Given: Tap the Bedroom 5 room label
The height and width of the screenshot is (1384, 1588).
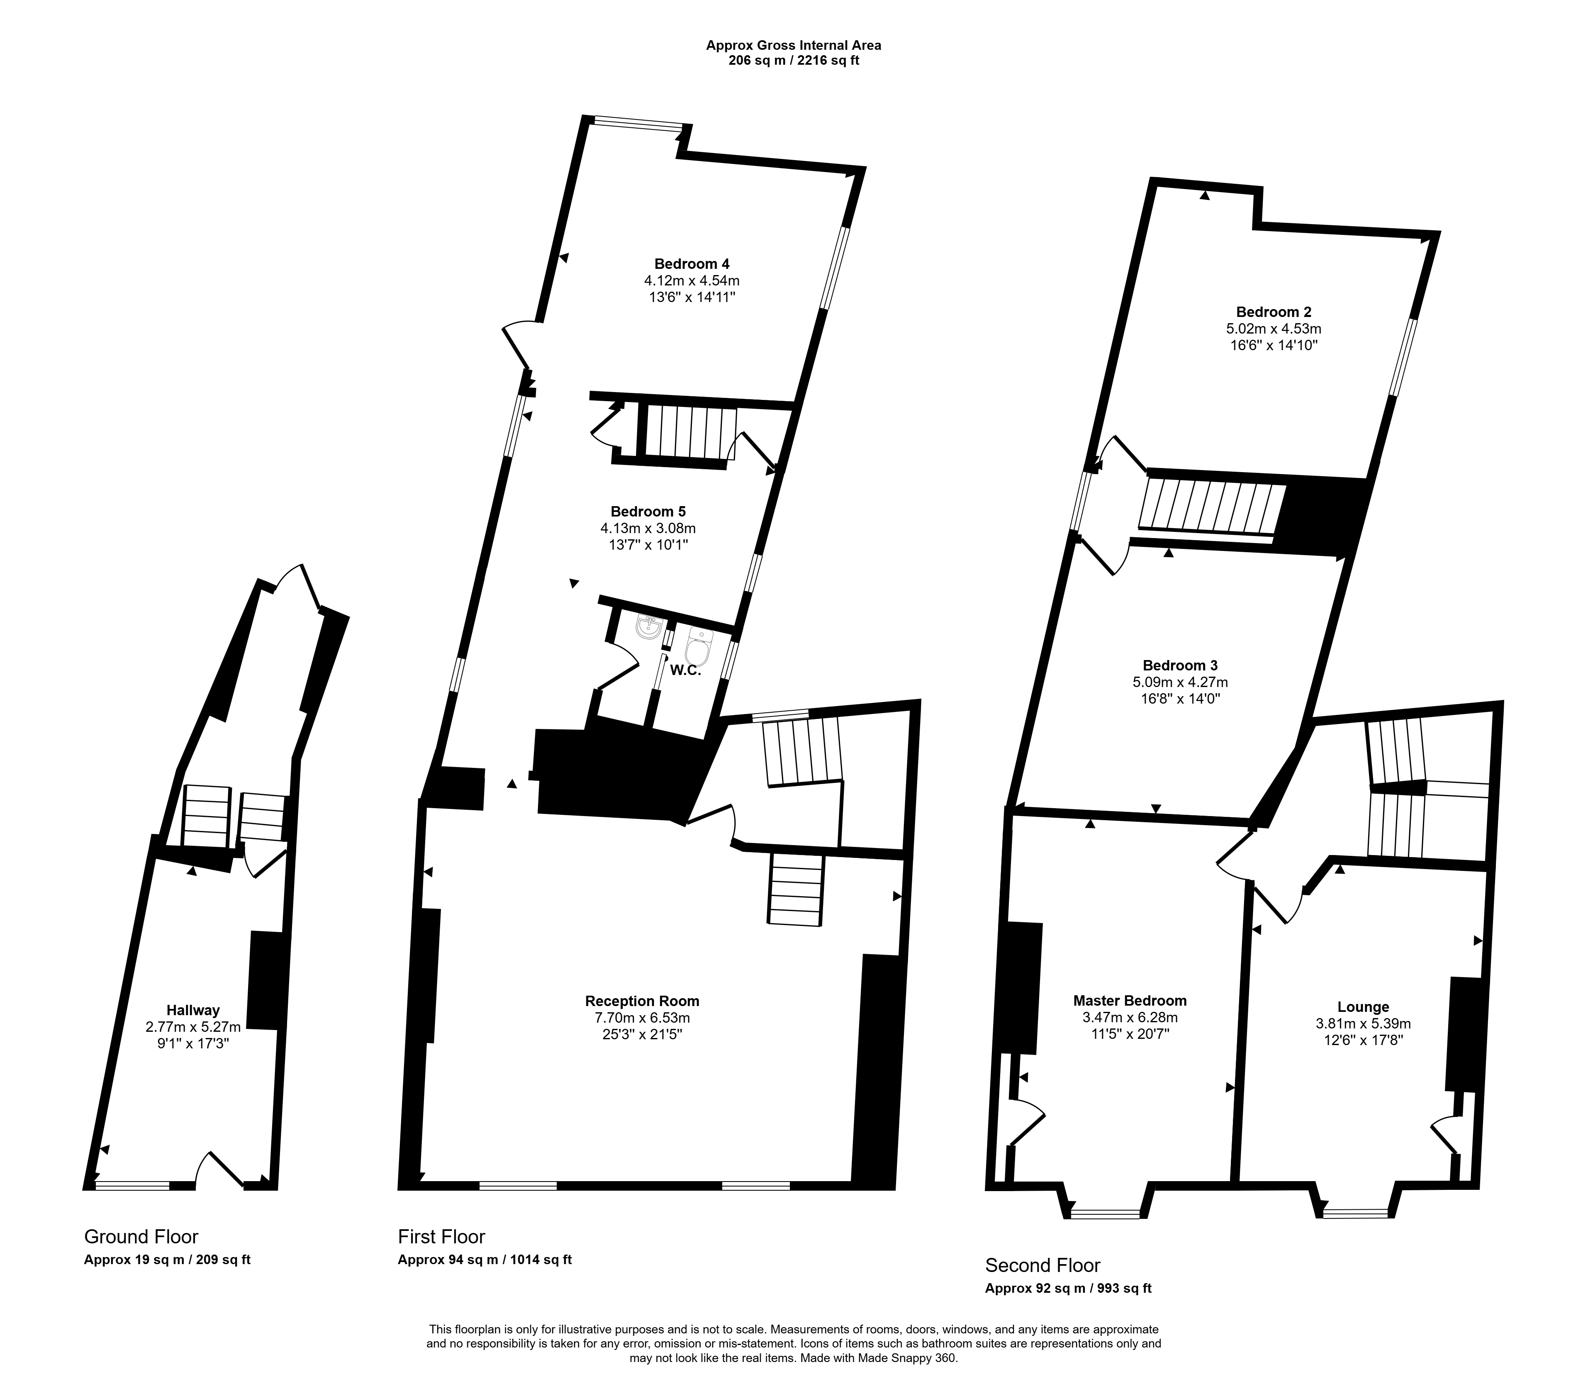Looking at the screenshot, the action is coord(647,511).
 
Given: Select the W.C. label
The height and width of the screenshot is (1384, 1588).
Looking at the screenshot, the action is coord(685,670).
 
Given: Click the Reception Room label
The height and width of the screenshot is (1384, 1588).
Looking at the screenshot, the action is coord(642,1001).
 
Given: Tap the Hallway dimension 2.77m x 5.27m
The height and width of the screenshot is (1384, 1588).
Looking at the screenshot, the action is coord(193,1026).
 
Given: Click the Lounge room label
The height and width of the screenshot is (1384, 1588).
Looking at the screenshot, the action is coord(1363,1007).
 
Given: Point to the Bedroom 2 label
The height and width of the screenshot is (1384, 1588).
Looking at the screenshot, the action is coord(1274,312).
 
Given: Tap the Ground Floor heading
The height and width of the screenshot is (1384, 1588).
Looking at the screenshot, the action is coord(141,1236).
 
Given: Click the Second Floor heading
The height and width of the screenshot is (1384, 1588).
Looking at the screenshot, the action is coord(1043,1265).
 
